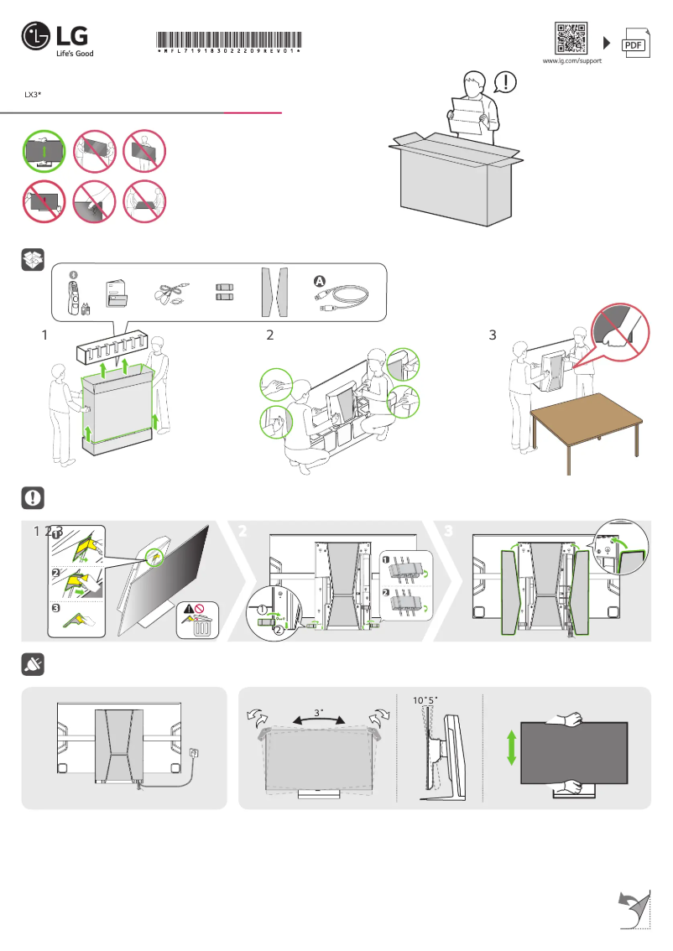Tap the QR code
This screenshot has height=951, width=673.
(571, 39)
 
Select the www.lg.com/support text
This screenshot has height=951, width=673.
(571, 62)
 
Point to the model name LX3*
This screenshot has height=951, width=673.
(33, 96)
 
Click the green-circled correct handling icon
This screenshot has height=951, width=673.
(42, 151)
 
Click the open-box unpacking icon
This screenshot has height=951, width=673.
(32, 261)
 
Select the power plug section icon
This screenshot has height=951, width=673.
(32, 666)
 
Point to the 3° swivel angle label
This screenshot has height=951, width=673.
(318, 712)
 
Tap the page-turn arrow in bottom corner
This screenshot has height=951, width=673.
(634, 909)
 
